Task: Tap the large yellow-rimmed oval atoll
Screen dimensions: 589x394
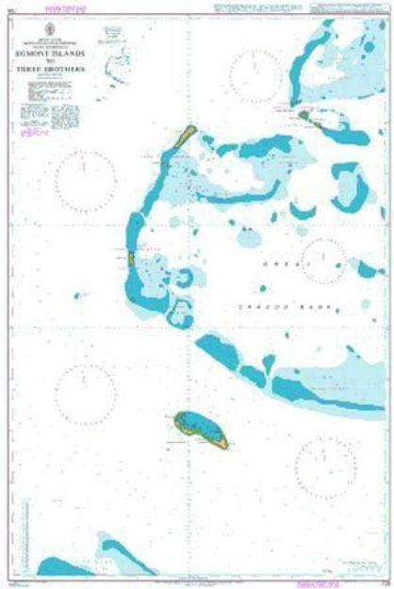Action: (200, 428)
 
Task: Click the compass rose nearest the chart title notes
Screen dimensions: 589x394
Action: (86, 176)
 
